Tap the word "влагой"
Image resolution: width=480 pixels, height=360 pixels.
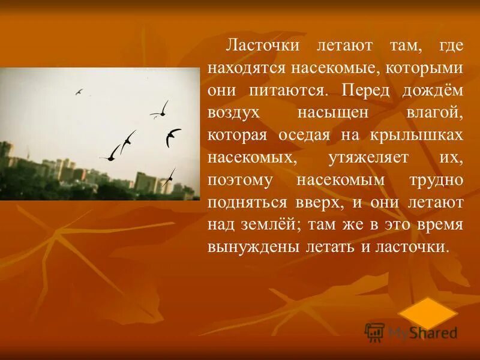click(x=436, y=113)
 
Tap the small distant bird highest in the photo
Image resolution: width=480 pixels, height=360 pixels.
click(x=79, y=92)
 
